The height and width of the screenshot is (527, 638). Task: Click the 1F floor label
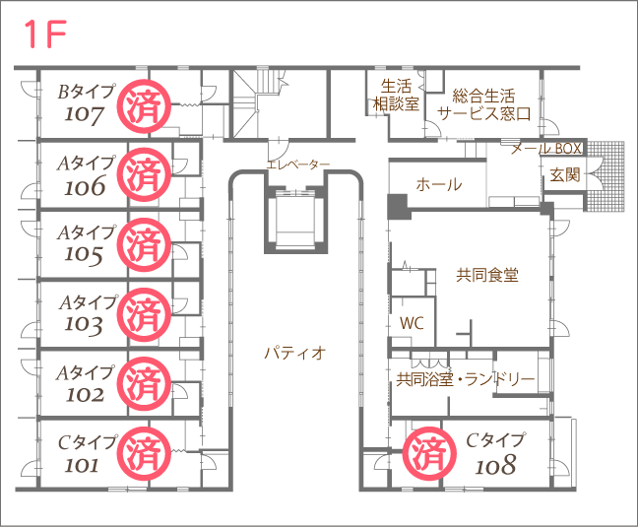point(45,34)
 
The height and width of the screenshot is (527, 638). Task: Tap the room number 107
point(84,114)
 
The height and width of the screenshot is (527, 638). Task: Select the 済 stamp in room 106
point(144,174)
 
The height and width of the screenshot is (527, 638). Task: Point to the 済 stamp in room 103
point(144,314)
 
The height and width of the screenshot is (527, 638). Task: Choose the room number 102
point(85,395)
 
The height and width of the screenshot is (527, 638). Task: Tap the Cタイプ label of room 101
point(87,442)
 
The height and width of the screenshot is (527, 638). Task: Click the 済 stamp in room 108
point(429,454)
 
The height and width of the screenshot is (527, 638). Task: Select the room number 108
point(495,465)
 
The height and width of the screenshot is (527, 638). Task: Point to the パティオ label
point(295,353)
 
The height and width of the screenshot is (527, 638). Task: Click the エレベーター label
point(298,165)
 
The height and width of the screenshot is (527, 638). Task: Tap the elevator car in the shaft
point(295,220)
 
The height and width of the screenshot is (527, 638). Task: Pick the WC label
point(412,323)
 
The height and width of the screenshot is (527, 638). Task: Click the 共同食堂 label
point(487,275)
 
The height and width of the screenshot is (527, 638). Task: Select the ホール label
point(439,185)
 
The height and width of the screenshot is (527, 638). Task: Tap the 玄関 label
point(565,175)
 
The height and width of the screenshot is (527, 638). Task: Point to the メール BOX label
point(546,149)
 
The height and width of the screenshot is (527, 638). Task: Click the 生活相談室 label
point(396,96)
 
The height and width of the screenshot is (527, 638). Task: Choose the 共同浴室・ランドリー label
point(465,379)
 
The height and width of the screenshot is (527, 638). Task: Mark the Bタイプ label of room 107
point(86,92)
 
